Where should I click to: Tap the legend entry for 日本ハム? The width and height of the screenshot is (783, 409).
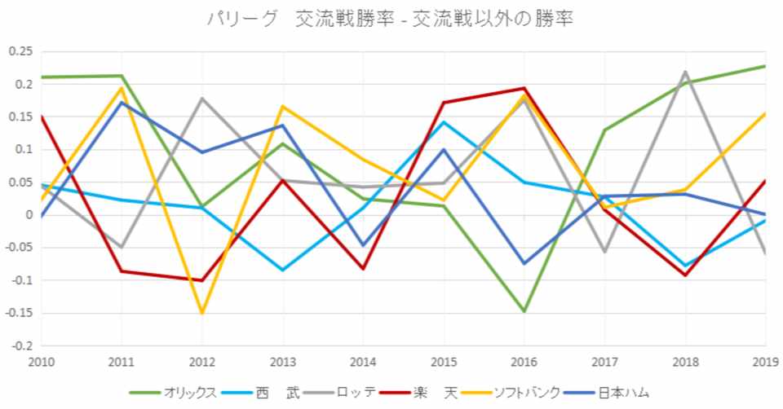623,392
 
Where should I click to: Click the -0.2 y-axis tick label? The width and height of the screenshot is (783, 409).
18,345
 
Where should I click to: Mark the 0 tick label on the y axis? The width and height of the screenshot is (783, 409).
27,215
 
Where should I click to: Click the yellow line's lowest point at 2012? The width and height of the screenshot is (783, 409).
202,313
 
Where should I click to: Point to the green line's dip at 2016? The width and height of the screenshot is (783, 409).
524,311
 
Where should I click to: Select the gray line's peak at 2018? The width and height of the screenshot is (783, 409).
685,72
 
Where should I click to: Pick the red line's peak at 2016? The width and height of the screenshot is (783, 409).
524,88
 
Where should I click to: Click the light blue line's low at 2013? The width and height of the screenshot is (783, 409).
283,270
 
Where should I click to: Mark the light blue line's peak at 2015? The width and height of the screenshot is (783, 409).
444,122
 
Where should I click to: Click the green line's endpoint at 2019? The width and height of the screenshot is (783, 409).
764,66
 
